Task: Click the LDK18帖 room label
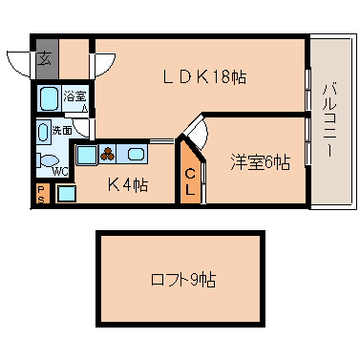pos(204,76)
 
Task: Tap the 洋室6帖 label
pos(260,162)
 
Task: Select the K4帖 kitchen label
pos(127,184)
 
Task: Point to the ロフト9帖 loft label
pos(183,280)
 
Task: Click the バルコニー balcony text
pos(328,120)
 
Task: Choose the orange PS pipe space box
pos(42,193)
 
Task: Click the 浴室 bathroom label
pos(74,95)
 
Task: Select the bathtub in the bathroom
pos(50,98)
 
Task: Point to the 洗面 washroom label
pos(62,130)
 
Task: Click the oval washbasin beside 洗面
pos(43,132)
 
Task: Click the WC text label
pos(60,172)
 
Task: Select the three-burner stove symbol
pos(108,155)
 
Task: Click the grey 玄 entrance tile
pos(47,59)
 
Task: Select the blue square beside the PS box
pos(67,193)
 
